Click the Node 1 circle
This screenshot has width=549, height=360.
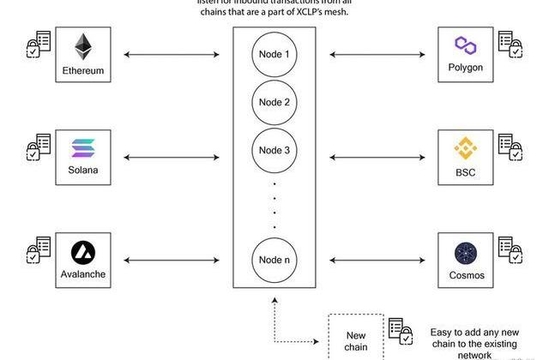pos(274,55)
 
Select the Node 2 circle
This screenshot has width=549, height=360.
pos(274,103)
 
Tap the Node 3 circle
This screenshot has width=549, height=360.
pos(274,151)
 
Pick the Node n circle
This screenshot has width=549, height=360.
pos(274,259)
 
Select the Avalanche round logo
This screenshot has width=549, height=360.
pos(83,252)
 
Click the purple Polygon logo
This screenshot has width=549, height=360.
pos(466,45)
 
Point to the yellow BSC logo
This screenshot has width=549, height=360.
pos(466,148)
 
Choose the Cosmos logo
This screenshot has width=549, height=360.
pos(466,254)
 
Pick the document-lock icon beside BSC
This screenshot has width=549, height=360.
pos(510,147)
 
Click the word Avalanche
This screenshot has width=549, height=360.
pos(83,275)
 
